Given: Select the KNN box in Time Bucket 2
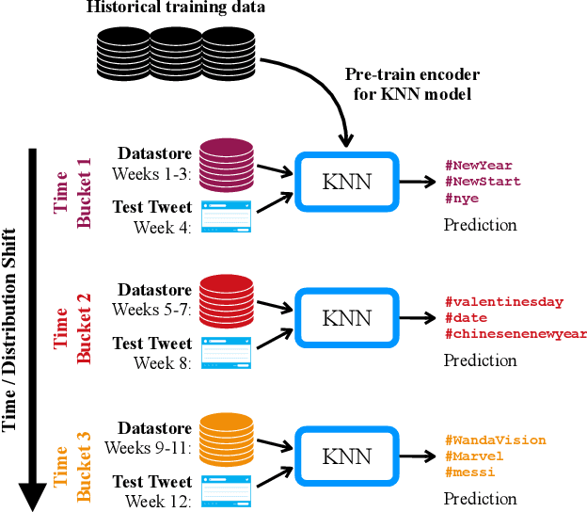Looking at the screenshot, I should [347, 318].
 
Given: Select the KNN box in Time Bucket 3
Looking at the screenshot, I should [347, 456].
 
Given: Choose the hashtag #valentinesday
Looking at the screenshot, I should [503, 302].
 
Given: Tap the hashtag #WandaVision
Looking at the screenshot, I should [495, 440].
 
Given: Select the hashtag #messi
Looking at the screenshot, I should [469, 472].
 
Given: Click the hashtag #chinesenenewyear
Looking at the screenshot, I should [515, 333].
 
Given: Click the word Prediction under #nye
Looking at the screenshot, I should [480, 225].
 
